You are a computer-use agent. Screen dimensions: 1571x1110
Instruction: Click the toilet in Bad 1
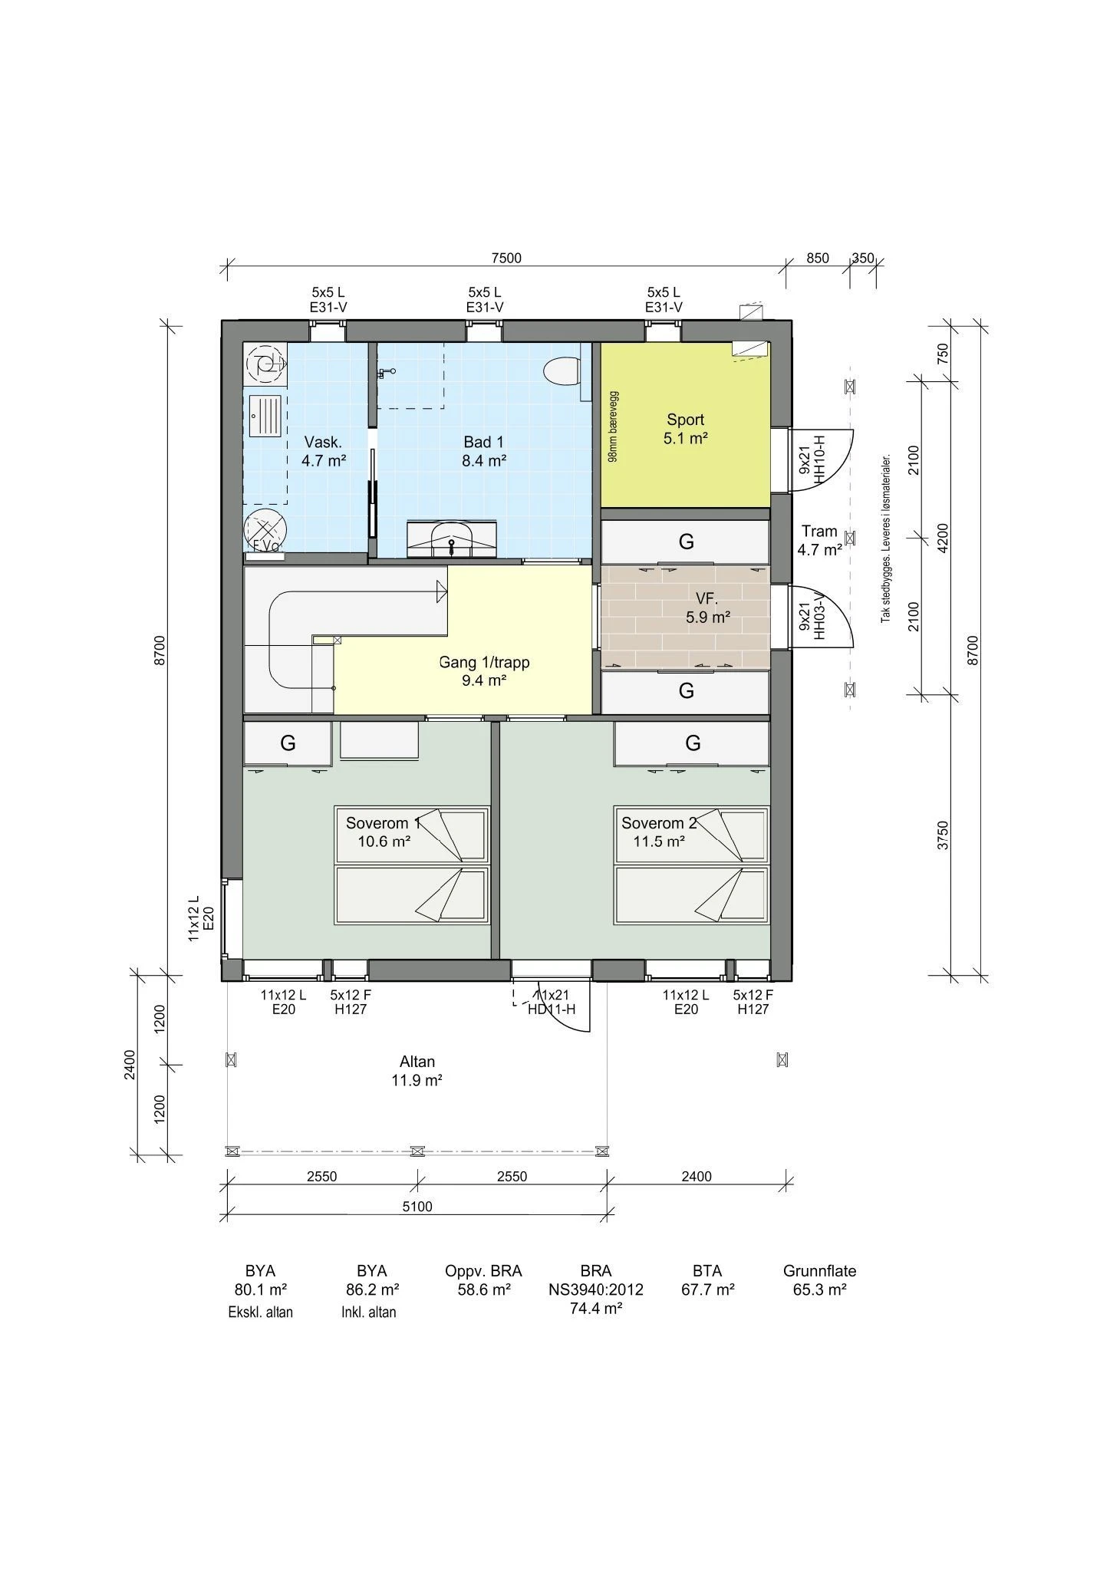coord(561,372)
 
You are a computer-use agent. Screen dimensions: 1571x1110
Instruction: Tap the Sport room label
coord(685,429)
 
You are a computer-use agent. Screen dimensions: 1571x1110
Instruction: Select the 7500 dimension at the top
coord(506,259)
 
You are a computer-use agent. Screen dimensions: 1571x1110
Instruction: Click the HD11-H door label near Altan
coord(551,1002)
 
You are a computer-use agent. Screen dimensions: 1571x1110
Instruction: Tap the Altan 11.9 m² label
coord(417,1071)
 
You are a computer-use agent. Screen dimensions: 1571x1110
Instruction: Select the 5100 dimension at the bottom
coord(417,1207)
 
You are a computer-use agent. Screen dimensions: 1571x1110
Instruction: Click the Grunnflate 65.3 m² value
coord(819,1289)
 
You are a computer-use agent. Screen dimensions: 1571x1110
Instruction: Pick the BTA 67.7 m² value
coord(707,1289)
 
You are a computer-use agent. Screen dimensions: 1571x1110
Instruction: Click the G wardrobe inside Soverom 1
coord(288,743)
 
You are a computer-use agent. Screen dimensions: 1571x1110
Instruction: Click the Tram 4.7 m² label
coord(819,540)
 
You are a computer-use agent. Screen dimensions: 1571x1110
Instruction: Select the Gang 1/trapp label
coord(484,670)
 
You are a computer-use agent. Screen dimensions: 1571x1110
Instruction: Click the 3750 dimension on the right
coord(944,835)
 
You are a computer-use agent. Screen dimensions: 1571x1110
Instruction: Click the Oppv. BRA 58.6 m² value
coord(483,1289)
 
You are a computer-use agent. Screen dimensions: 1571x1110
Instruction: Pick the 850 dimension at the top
coord(818,259)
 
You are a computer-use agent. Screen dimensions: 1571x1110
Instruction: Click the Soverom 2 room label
coord(659,832)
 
